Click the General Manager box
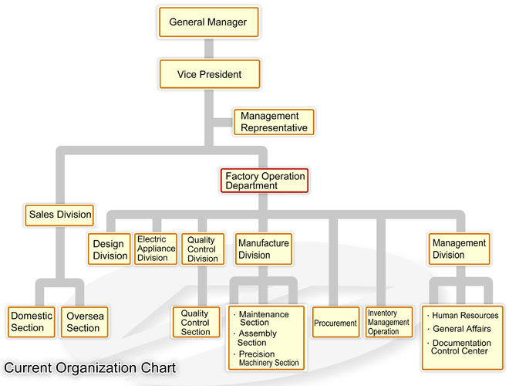[207, 22]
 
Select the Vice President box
[209, 75]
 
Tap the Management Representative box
[274, 122]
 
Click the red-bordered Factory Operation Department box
[265, 181]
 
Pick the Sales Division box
[59, 214]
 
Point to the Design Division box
[110, 249]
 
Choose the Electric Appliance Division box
[155, 249]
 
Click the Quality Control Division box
[202, 249]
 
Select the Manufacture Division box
[263, 249]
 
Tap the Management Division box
[459, 249]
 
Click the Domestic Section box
[32, 322]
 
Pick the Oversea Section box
[83, 322]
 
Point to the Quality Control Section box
[196, 322]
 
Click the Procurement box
[335, 323]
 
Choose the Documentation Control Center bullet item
[461, 347]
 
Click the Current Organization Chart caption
[89, 368]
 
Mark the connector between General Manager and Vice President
[208, 49]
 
